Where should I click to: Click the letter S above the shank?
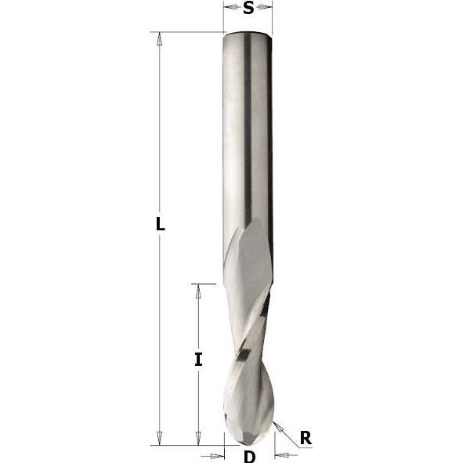[x=248, y=9]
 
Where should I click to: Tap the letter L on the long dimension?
[x=160, y=224]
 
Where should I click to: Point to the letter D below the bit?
[x=249, y=456]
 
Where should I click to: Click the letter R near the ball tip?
[x=305, y=437]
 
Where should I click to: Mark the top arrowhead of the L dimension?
[x=160, y=38]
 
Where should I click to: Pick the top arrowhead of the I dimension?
[x=198, y=291]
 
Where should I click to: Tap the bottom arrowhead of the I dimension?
[x=198, y=438]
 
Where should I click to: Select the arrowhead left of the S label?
[x=230, y=7]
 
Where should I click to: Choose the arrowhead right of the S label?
[x=266, y=7]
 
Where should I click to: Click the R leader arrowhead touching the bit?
[x=277, y=425]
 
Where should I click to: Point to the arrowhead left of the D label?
[x=218, y=455]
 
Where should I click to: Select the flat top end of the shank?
[x=248, y=32]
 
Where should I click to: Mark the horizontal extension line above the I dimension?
[x=204, y=284]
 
